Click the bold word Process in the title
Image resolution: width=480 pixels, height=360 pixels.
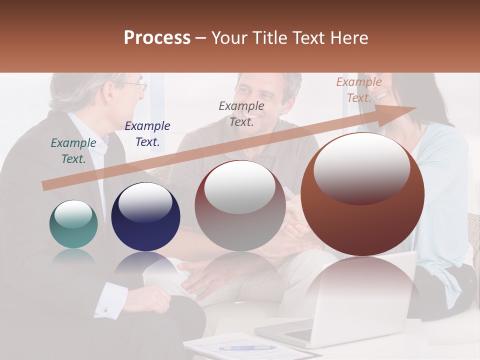(x=157, y=38)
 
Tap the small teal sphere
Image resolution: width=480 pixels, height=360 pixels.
(x=73, y=224)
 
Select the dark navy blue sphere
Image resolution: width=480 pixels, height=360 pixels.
(x=145, y=216)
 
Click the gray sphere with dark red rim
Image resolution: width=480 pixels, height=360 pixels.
(x=240, y=205)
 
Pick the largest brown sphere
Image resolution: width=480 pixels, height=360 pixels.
(x=362, y=194)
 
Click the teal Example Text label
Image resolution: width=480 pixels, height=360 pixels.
(x=73, y=150)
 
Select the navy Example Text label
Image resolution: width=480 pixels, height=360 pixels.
(x=147, y=134)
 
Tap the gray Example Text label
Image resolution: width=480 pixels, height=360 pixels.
(x=241, y=113)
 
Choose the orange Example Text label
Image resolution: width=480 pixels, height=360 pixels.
(x=359, y=90)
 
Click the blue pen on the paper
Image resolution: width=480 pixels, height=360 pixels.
(x=247, y=347)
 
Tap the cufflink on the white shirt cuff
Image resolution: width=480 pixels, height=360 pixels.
(x=105, y=310)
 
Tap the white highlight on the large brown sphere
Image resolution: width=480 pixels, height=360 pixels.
(x=361, y=167)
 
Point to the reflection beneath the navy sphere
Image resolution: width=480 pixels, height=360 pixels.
(x=145, y=265)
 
